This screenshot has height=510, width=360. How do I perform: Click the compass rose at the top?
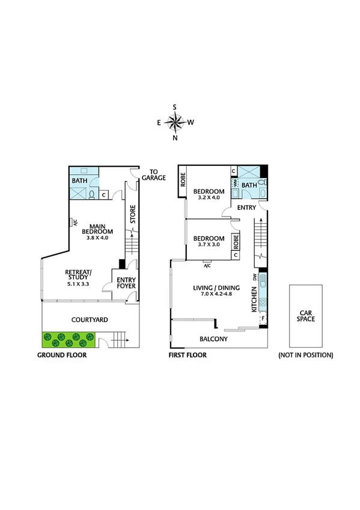175,123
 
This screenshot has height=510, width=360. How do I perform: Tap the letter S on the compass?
175,107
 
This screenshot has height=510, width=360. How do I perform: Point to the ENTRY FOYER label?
126,283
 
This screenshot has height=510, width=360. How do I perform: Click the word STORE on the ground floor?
133,214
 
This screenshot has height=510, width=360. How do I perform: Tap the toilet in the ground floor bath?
91,194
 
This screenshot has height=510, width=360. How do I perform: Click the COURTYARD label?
89,319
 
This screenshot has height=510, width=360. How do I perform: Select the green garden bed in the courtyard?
67,340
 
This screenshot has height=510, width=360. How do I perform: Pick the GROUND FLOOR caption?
62,355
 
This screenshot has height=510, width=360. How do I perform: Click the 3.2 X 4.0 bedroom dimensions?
206,197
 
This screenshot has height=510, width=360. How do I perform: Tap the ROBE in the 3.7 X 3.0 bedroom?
236,242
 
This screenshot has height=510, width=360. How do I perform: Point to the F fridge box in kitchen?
263,318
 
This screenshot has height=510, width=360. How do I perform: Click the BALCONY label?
213,339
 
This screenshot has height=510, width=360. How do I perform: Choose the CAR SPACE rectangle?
307,316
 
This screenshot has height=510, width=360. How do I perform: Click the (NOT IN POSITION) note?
305,355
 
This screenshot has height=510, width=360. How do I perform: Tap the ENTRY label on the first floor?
246,207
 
